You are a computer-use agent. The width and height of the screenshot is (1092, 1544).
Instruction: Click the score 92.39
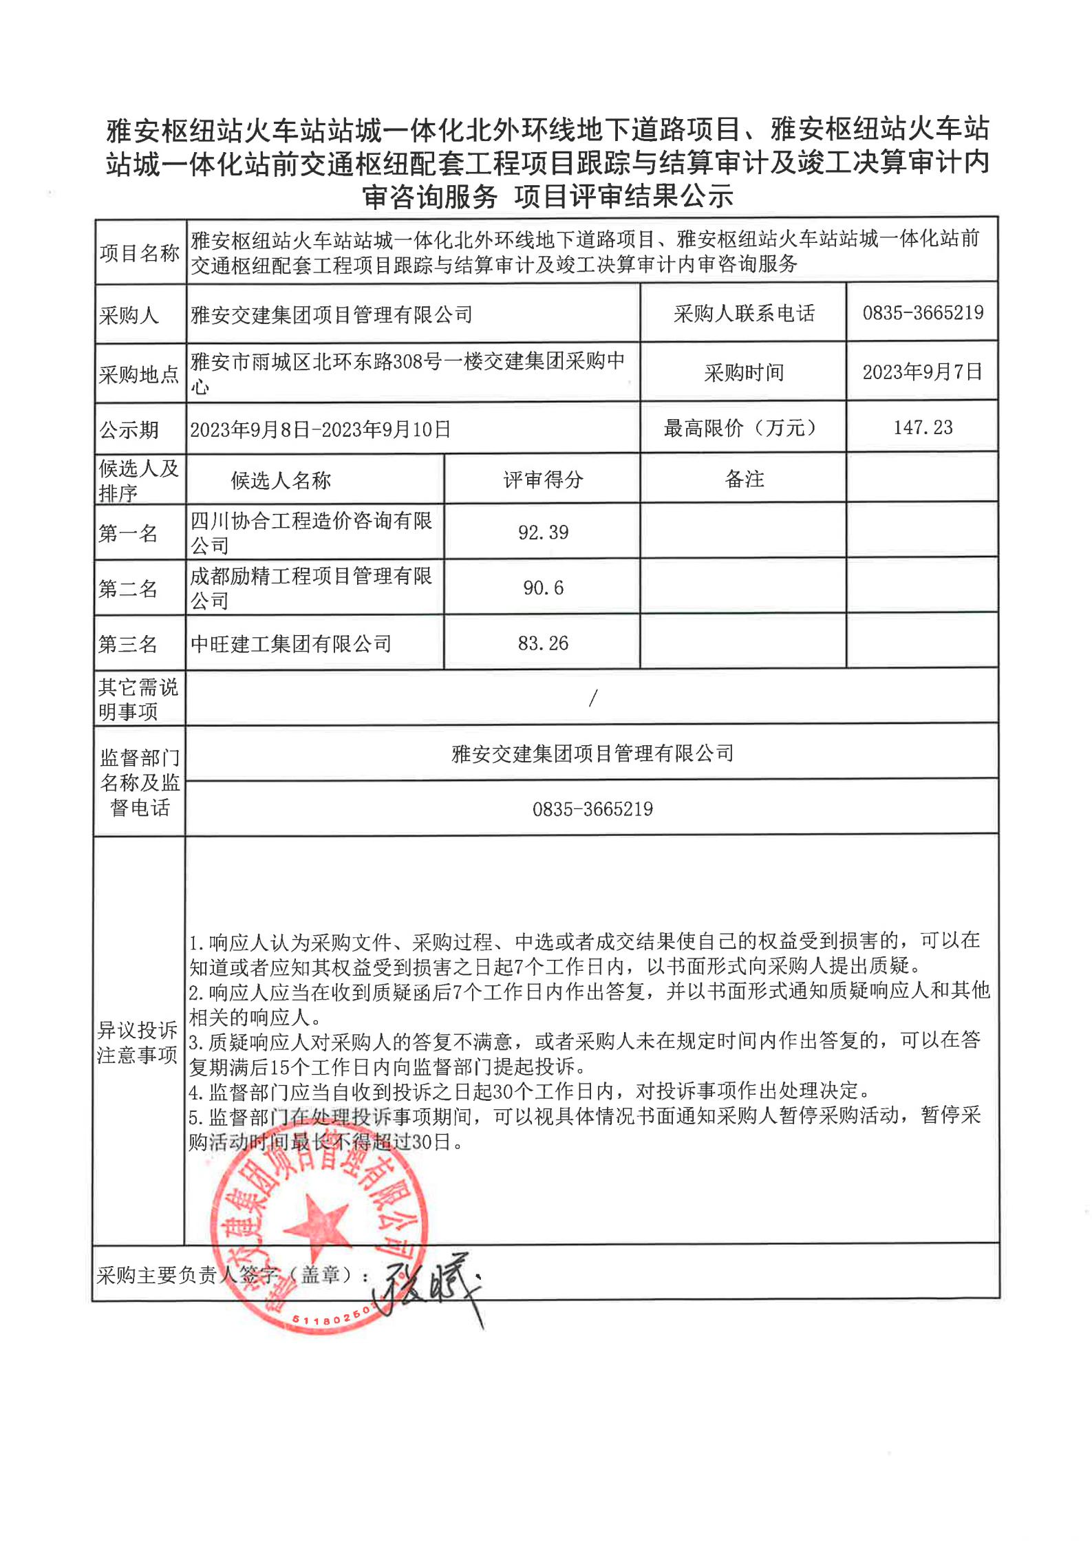tap(543, 533)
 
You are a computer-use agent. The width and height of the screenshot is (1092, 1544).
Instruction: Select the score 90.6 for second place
tap(543, 588)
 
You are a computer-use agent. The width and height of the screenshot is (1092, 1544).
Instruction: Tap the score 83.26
tap(543, 643)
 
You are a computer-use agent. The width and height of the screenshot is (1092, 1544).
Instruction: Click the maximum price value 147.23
tap(923, 427)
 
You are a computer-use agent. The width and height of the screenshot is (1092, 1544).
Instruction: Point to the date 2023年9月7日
tap(922, 372)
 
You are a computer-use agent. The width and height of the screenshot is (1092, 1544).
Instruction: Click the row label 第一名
tap(129, 533)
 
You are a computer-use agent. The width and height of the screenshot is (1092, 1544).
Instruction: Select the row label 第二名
tap(129, 588)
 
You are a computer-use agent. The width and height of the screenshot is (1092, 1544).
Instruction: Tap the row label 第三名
tap(129, 644)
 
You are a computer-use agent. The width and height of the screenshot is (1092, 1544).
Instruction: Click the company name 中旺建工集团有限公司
tap(291, 644)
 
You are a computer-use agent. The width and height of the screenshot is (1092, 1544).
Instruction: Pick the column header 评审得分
tap(543, 480)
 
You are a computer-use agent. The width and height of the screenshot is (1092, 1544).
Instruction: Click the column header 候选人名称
tap(281, 480)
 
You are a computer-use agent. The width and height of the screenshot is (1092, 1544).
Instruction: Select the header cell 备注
tap(745, 479)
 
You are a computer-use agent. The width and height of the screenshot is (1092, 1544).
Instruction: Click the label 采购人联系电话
tap(744, 314)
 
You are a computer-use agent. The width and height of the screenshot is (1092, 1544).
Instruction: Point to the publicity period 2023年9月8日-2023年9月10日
tap(320, 429)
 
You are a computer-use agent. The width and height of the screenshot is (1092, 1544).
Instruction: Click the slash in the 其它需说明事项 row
tap(592, 698)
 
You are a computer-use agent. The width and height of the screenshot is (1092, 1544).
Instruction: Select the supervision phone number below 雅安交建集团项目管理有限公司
tap(592, 808)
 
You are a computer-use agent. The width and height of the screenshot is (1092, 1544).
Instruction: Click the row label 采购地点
tap(139, 374)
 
